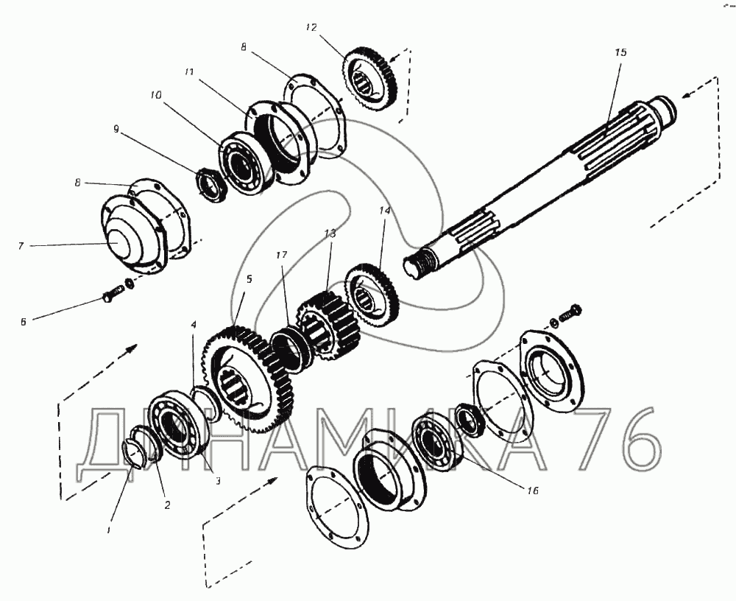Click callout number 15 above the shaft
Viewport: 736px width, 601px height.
click(x=620, y=52)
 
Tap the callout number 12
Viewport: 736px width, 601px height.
click(x=311, y=28)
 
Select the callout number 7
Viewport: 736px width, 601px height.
click(x=21, y=246)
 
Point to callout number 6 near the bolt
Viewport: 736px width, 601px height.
click(x=23, y=322)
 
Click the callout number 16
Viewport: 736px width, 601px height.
click(x=533, y=491)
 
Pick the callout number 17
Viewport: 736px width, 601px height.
click(x=281, y=256)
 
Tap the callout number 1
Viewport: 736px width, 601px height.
click(x=109, y=530)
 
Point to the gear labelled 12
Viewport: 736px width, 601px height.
click(x=371, y=79)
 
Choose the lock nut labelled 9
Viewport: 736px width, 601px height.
click(x=211, y=186)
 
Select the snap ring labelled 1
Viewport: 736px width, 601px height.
click(x=134, y=453)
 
